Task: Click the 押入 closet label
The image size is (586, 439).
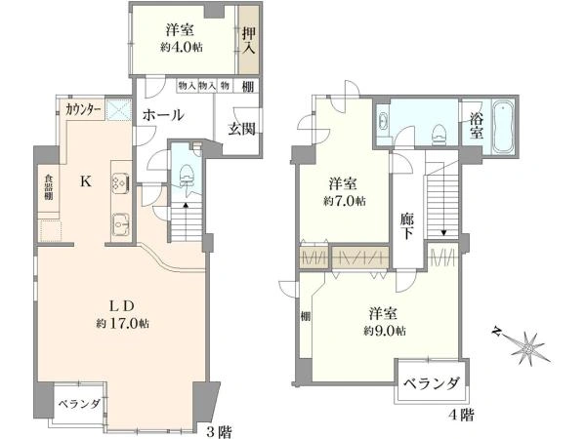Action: click(250, 40)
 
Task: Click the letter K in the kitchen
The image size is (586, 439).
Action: click(85, 180)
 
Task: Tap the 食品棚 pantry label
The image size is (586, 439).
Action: click(46, 186)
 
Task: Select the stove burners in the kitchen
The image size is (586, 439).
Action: click(118, 182)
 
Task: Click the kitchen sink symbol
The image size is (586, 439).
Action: click(119, 223)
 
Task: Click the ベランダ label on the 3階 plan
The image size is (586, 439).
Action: click(78, 403)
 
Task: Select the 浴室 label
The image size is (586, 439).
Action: click(476, 126)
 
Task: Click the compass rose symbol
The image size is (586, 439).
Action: click(526, 345)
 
